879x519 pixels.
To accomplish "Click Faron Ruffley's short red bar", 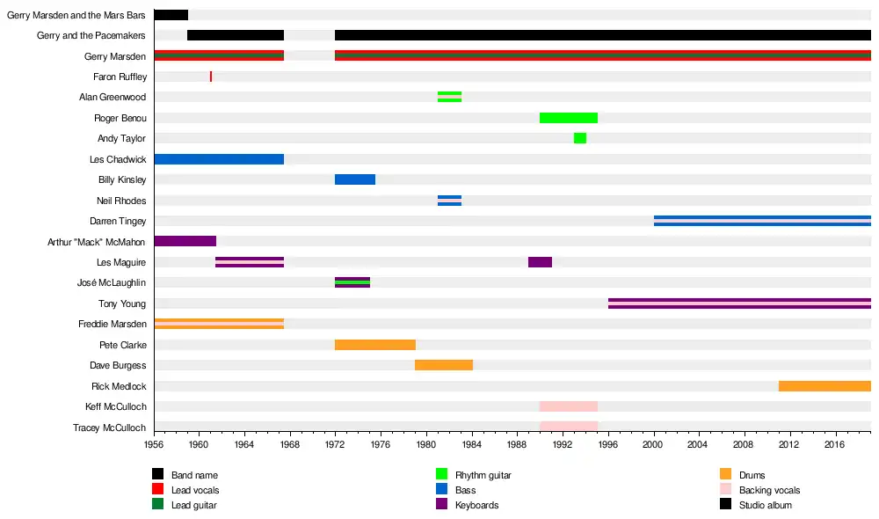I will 211,77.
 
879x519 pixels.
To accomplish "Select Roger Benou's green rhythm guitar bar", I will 569,118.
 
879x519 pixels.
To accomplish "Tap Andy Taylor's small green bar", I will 580,138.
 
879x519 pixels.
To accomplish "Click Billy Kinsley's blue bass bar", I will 355,179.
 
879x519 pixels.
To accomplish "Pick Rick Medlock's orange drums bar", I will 825,386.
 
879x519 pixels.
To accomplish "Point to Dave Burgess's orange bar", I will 444,365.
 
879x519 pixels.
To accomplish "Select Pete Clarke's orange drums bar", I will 375,345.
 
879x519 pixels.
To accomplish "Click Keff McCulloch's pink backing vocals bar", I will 569,406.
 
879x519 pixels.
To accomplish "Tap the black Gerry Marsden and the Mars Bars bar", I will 171,15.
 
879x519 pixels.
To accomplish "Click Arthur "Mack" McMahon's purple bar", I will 185,241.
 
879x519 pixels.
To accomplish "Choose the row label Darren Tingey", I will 118,222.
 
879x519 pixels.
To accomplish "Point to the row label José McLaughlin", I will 112,283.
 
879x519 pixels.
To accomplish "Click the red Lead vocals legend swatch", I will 158,490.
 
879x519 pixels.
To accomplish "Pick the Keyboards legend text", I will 476,506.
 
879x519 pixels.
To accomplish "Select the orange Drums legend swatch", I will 725,475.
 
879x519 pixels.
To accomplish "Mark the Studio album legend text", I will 766,506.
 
